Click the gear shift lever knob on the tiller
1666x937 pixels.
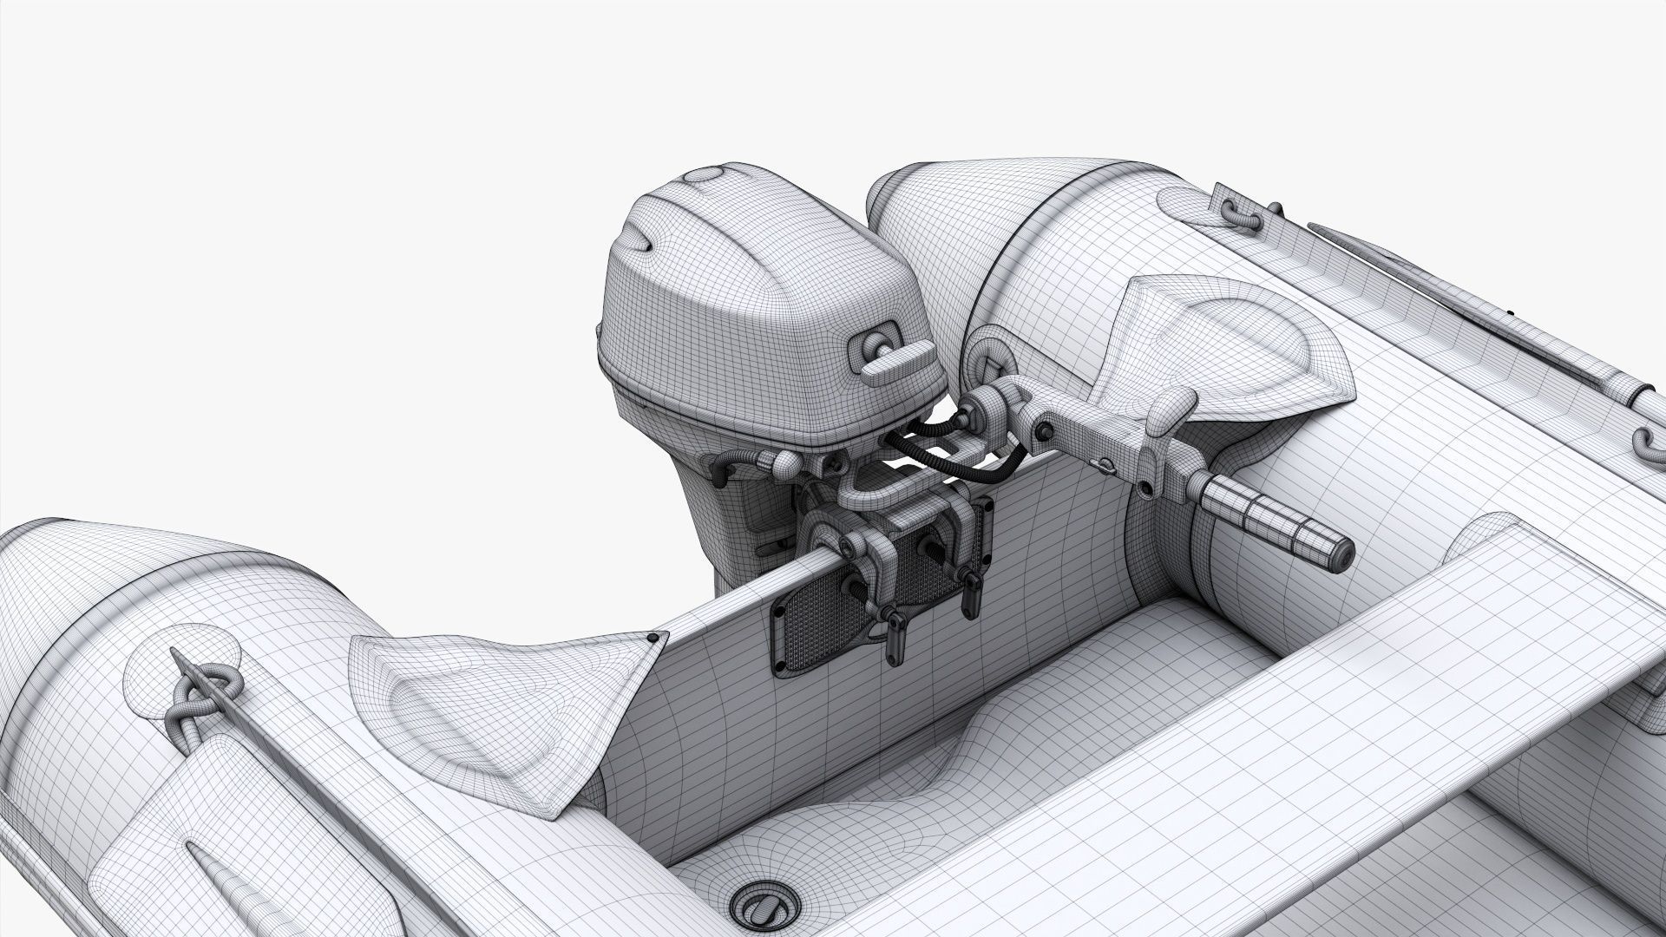[1174, 408]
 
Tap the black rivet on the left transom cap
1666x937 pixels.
[651, 639]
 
